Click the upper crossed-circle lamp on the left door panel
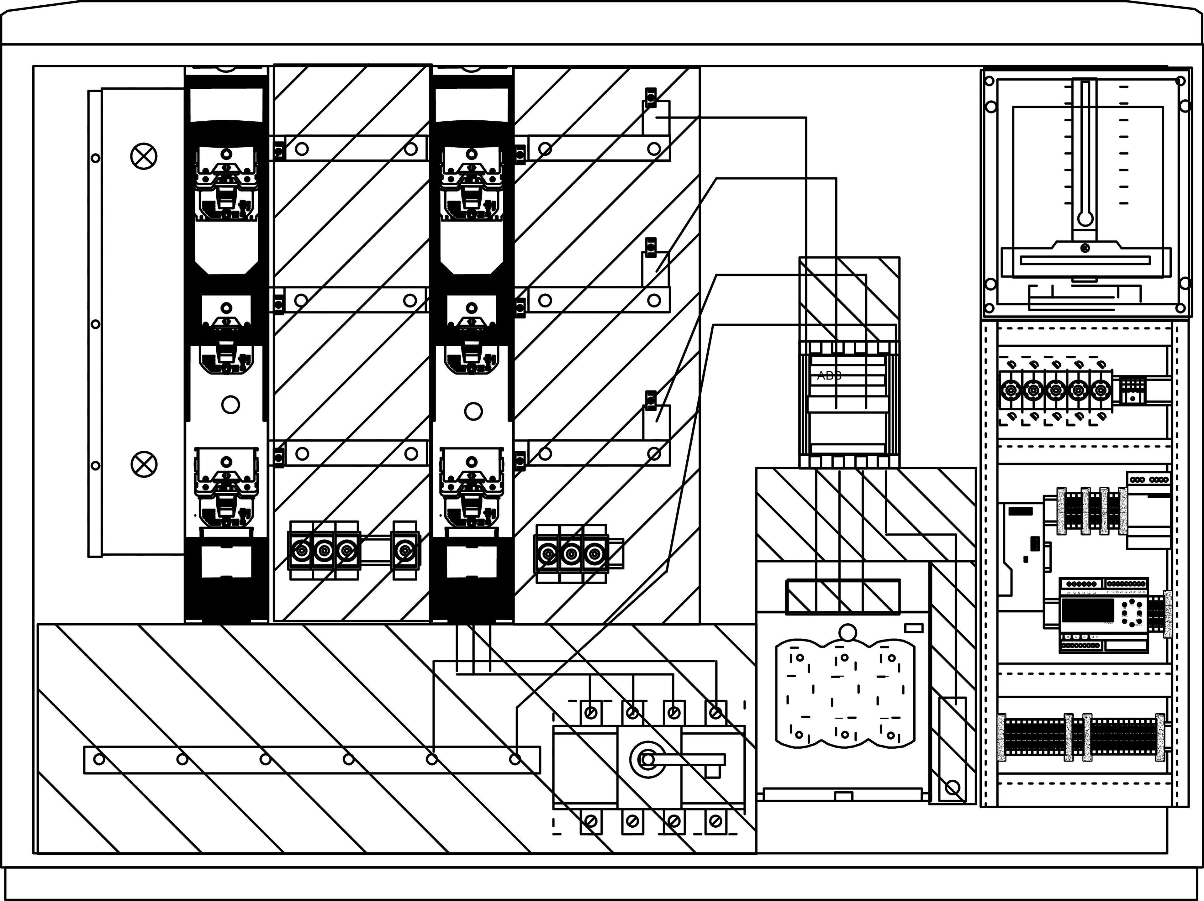(x=144, y=156)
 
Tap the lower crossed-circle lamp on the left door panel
(x=144, y=464)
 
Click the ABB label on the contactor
(x=830, y=375)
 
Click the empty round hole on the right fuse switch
(x=473, y=411)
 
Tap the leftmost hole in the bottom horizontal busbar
(x=99, y=759)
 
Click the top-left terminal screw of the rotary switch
(x=591, y=712)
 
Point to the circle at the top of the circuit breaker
(x=848, y=632)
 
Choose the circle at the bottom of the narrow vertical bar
(x=953, y=787)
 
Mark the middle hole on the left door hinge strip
(x=95, y=324)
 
